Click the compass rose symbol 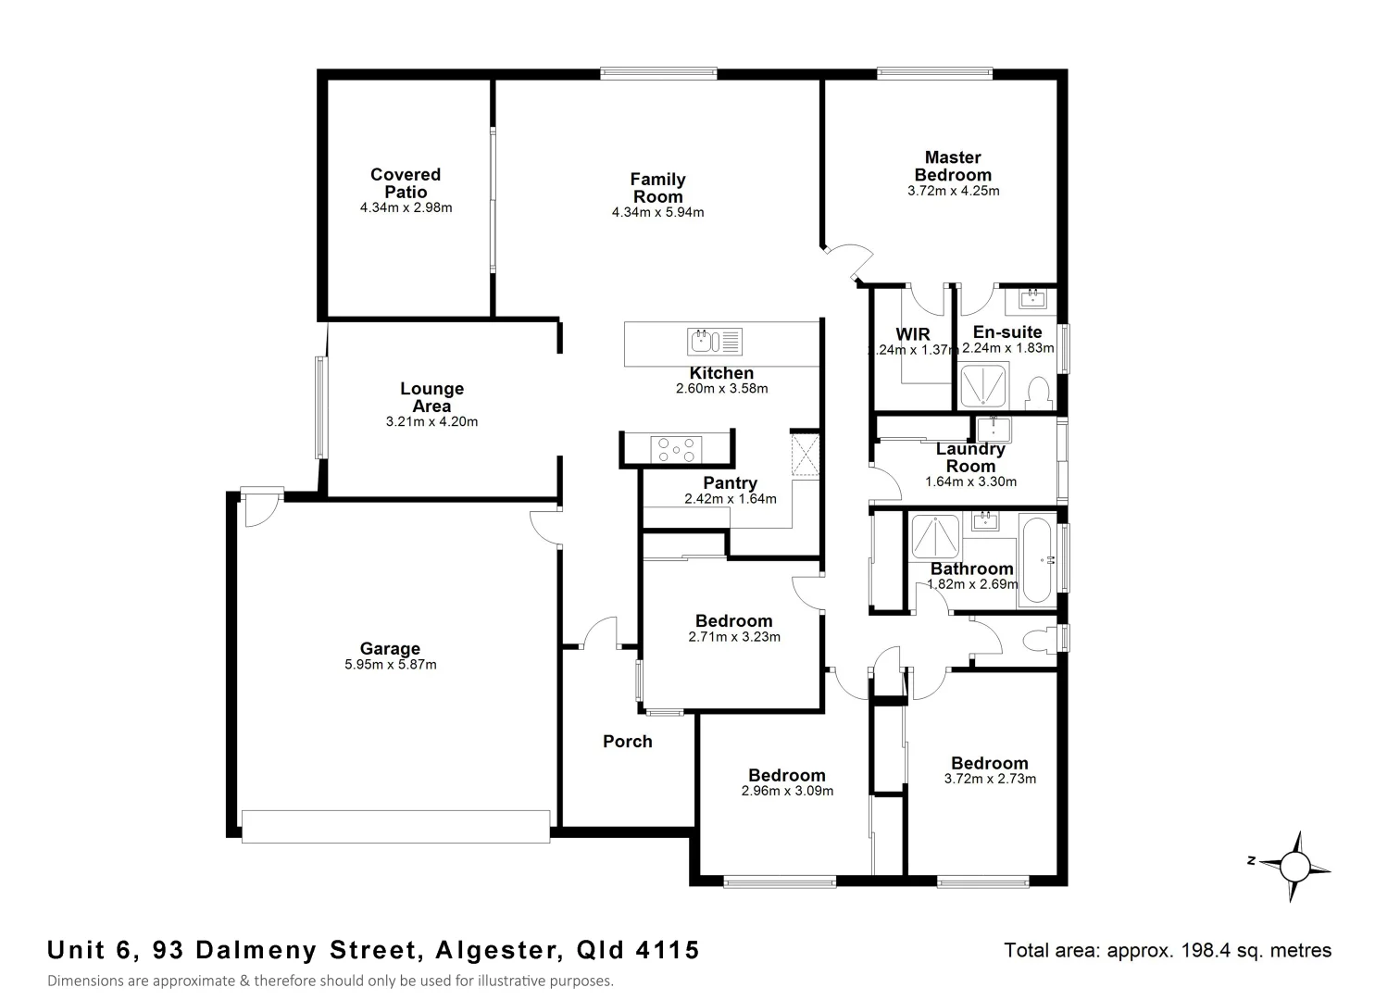pos(1294,866)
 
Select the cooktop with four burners pos(677,449)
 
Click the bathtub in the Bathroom pos(1037,561)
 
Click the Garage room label pos(390,649)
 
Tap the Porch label pos(627,741)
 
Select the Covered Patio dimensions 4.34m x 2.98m pos(406,207)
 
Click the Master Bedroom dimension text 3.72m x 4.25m pos(953,191)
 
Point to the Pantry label pos(730,482)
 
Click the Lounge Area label pos(431,397)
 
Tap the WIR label pos(912,333)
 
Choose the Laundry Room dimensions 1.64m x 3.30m pos(970,481)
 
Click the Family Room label pos(657,188)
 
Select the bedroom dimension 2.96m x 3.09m pos(787,791)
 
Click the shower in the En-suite pos(984,386)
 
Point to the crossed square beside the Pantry pos(805,456)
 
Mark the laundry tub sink pos(994,430)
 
